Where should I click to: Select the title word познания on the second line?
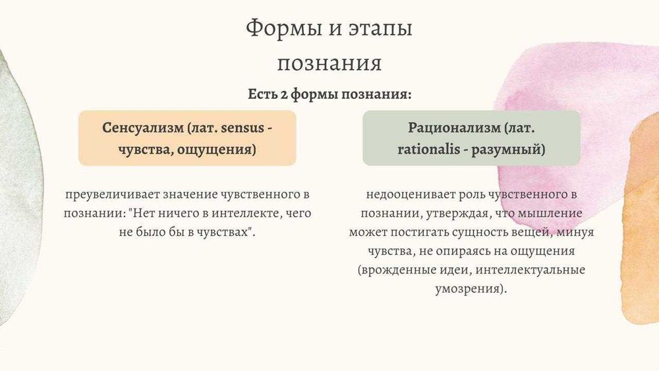329,64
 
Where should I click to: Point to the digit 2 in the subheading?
284,94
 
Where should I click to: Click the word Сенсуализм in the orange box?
143,128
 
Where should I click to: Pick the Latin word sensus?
243,128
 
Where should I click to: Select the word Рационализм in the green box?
454,128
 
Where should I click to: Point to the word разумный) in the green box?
508,150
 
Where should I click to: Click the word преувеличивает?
112,195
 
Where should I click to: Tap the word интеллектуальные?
530,270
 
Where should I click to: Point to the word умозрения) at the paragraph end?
471,289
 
